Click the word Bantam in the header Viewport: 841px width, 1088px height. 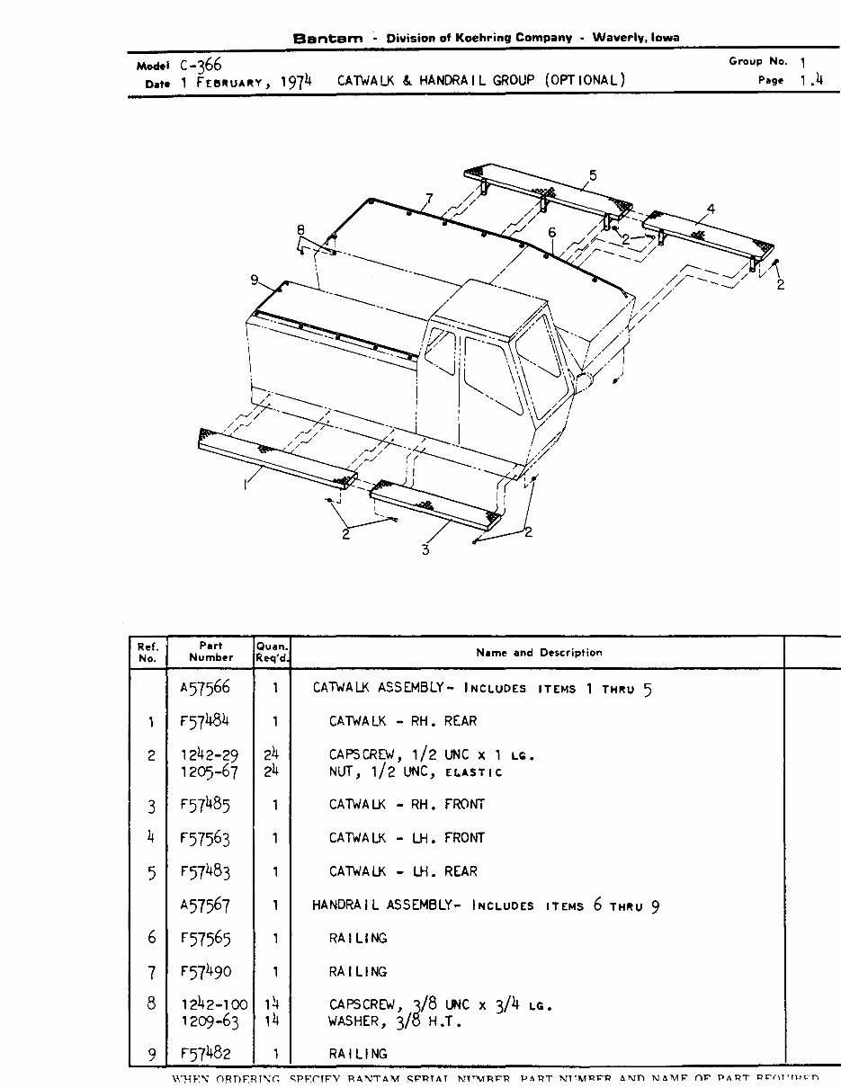point(328,39)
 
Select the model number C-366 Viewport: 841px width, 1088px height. point(199,66)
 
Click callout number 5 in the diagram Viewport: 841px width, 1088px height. point(593,175)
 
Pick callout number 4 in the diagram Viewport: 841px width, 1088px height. point(710,209)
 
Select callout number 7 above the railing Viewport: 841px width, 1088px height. point(429,197)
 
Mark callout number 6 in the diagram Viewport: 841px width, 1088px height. point(551,233)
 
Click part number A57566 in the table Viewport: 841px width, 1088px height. point(205,688)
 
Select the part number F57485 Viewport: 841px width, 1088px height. point(205,805)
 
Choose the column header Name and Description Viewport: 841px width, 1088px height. point(539,653)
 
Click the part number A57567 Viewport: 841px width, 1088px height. point(205,905)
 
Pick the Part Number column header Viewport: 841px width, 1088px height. point(210,651)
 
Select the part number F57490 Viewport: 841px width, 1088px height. point(205,972)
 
